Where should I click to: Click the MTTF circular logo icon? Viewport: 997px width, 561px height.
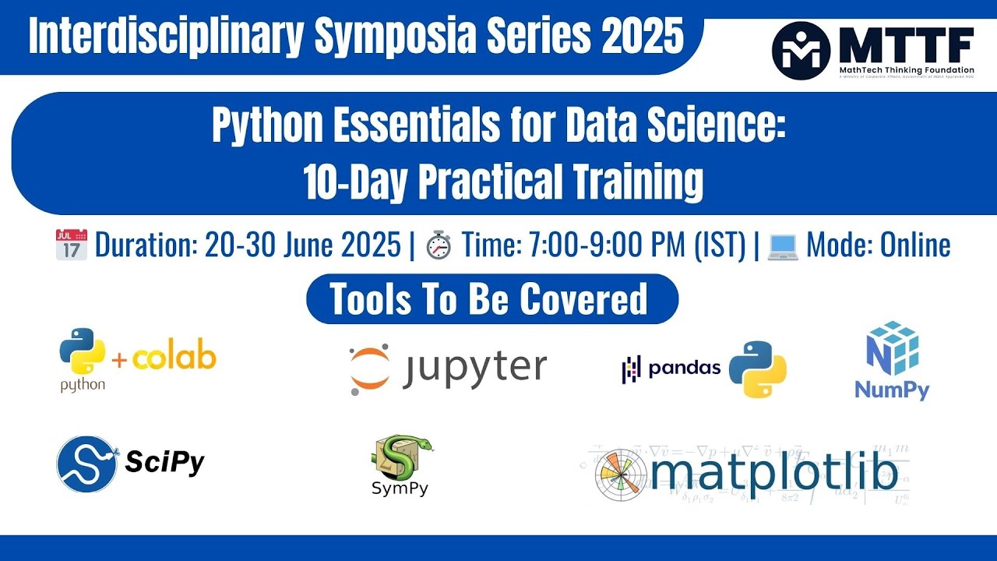[801, 51]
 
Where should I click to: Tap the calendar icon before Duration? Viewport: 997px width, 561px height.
[72, 245]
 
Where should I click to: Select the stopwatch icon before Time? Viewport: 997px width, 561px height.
[439, 245]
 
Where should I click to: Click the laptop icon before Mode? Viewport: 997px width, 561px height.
[783, 245]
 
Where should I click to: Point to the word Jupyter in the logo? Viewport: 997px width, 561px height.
[474, 369]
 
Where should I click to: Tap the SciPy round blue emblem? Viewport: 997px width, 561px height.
[86, 464]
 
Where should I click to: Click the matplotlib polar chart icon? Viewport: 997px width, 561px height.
[620, 475]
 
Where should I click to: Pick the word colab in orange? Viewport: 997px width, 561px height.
[174, 358]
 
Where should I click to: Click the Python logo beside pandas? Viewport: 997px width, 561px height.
[757, 369]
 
